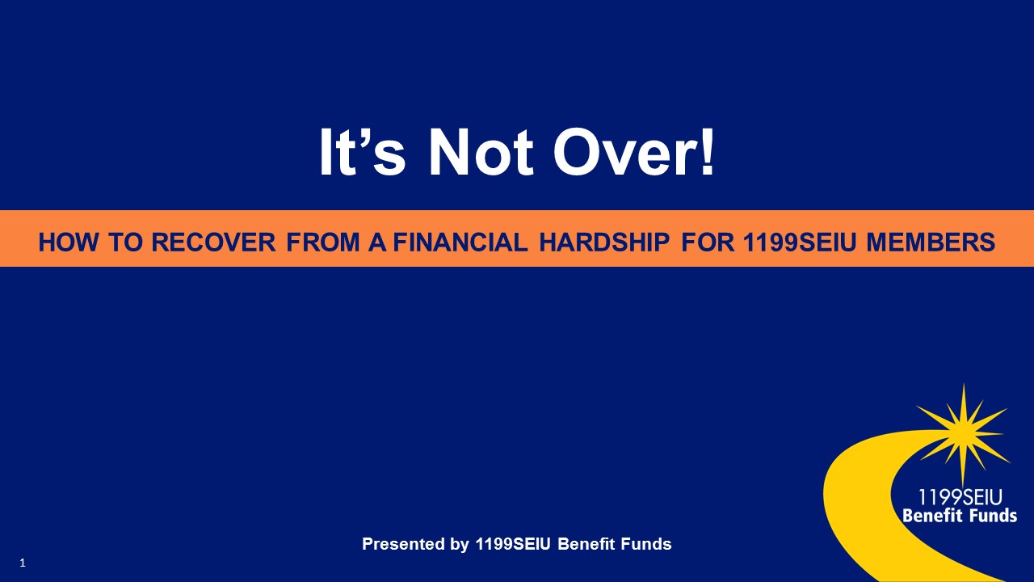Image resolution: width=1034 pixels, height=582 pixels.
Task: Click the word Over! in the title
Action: point(633,152)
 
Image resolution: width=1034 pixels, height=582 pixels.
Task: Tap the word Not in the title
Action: point(481,152)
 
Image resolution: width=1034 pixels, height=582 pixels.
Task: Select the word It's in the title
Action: point(363,152)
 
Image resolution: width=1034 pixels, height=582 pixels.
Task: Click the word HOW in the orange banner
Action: point(69,242)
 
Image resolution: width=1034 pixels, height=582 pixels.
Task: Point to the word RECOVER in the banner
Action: point(213,242)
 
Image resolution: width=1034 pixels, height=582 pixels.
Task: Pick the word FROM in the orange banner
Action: point(322,242)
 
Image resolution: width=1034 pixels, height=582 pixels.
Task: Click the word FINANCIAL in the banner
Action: point(460,242)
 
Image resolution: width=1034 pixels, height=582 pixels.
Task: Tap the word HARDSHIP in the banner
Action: point(604,242)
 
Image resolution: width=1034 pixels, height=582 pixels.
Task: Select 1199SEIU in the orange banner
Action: point(800,242)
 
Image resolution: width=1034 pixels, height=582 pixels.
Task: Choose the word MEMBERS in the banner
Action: point(931,242)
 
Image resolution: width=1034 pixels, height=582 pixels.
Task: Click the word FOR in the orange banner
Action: point(708,242)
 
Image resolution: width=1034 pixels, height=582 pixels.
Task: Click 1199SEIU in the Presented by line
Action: point(513,544)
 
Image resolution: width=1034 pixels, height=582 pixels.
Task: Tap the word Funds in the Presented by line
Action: point(645,544)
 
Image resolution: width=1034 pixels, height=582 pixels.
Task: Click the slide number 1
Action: point(23,563)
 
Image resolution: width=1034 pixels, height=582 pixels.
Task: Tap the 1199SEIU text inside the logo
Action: point(960,497)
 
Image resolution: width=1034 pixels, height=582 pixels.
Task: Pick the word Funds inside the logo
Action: point(994,515)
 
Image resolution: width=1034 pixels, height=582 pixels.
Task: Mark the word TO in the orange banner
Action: point(125,242)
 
